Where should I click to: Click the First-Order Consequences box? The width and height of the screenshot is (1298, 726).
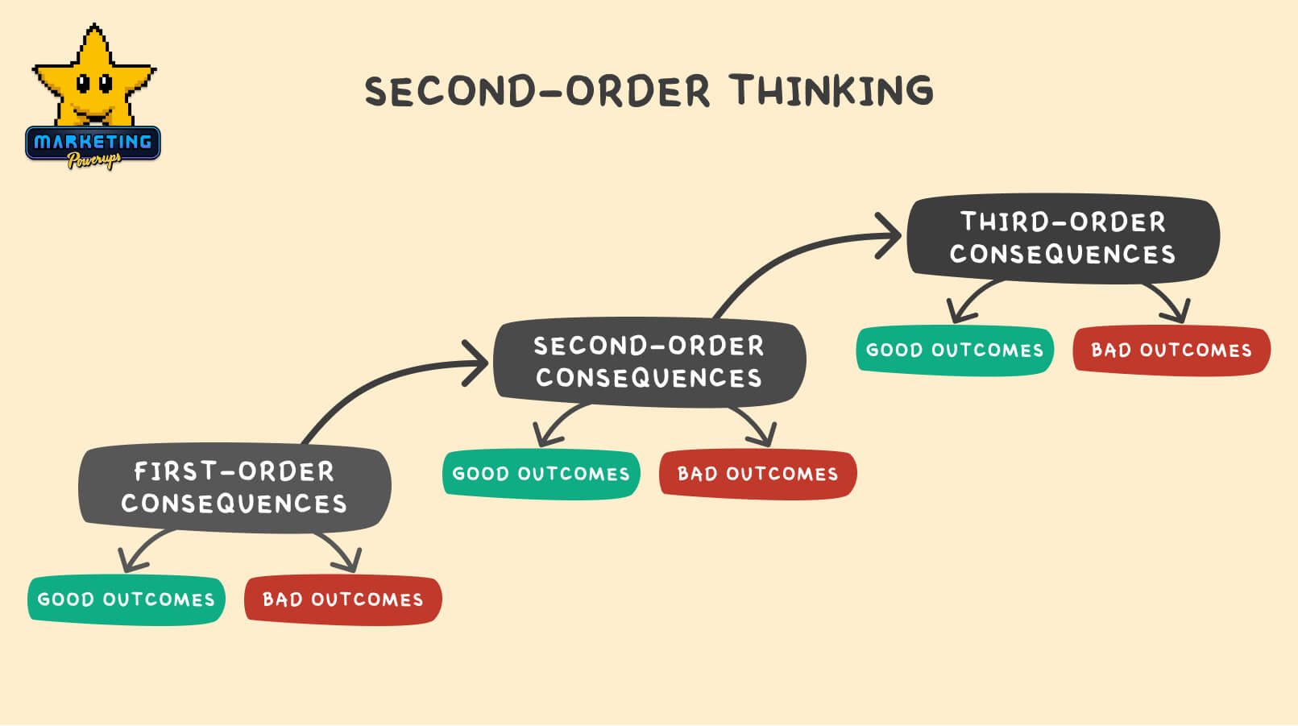pyautogui.click(x=234, y=487)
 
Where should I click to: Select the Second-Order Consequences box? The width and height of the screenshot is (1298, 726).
pyautogui.click(x=649, y=362)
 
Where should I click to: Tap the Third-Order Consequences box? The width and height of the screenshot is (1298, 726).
pyautogui.click(x=1063, y=238)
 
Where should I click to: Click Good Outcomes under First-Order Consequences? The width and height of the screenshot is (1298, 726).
pyautogui.click(x=126, y=599)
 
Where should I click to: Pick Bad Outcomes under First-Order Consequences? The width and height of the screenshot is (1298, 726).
pyautogui.click(x=342, y=599)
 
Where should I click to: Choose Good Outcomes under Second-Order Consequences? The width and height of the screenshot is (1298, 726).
pyautogui.click(x=541, y=474)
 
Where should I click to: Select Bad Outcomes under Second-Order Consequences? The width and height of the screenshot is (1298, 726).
pyautogui.click(x=757, y=474)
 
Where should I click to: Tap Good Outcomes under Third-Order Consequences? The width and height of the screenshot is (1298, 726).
pyautogui.click(x=955, y=351)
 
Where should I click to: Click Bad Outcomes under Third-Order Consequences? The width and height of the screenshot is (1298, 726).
pyautogui.click(x=1172, y=351)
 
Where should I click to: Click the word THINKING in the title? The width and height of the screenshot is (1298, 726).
pyautogui.click(x=832, y=90)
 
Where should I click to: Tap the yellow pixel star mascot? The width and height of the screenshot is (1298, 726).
pyautogui.click(x=93, y=77)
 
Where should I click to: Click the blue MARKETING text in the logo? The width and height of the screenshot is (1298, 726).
pyautogui.click(x=93, y=143)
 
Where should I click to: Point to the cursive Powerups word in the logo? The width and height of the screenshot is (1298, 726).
pyautogui.click(x=94, y=160)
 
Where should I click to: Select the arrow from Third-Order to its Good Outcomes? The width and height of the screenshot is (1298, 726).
pyautogui.click(x=971, y=298)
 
